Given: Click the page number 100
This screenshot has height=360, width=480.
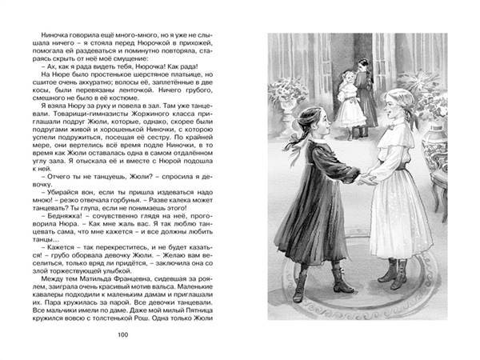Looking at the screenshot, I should click(x=122, y=334).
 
